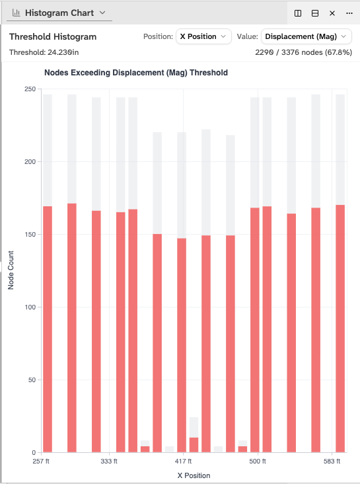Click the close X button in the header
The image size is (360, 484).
pyautogui.click(x=332, y=13)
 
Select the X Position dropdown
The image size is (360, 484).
pyautogui.click(x=203, y=36)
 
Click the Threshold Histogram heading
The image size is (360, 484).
pyautogui.click(x=53, y=37)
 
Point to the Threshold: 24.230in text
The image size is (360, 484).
pyautogui.click(x=45, y=52)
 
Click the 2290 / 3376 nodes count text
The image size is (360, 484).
pyautogui.click(x=303, y=52)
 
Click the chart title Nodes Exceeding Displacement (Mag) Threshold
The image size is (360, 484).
pyautogui.click(x=135, y=73)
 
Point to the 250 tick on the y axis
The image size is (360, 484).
pyautogui.click(x=28, y=89)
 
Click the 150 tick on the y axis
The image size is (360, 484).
pyautogui.click(x=28, y=234)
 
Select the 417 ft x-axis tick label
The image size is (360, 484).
pyautogui.click(x=183, y=462)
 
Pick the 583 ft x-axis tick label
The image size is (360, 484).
pyautogui.click(x=332, y=462)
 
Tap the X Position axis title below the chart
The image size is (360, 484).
pyautogui.click(x=194, y=475)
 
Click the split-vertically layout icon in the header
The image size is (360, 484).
pyautogui.click(x=298, y=13)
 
